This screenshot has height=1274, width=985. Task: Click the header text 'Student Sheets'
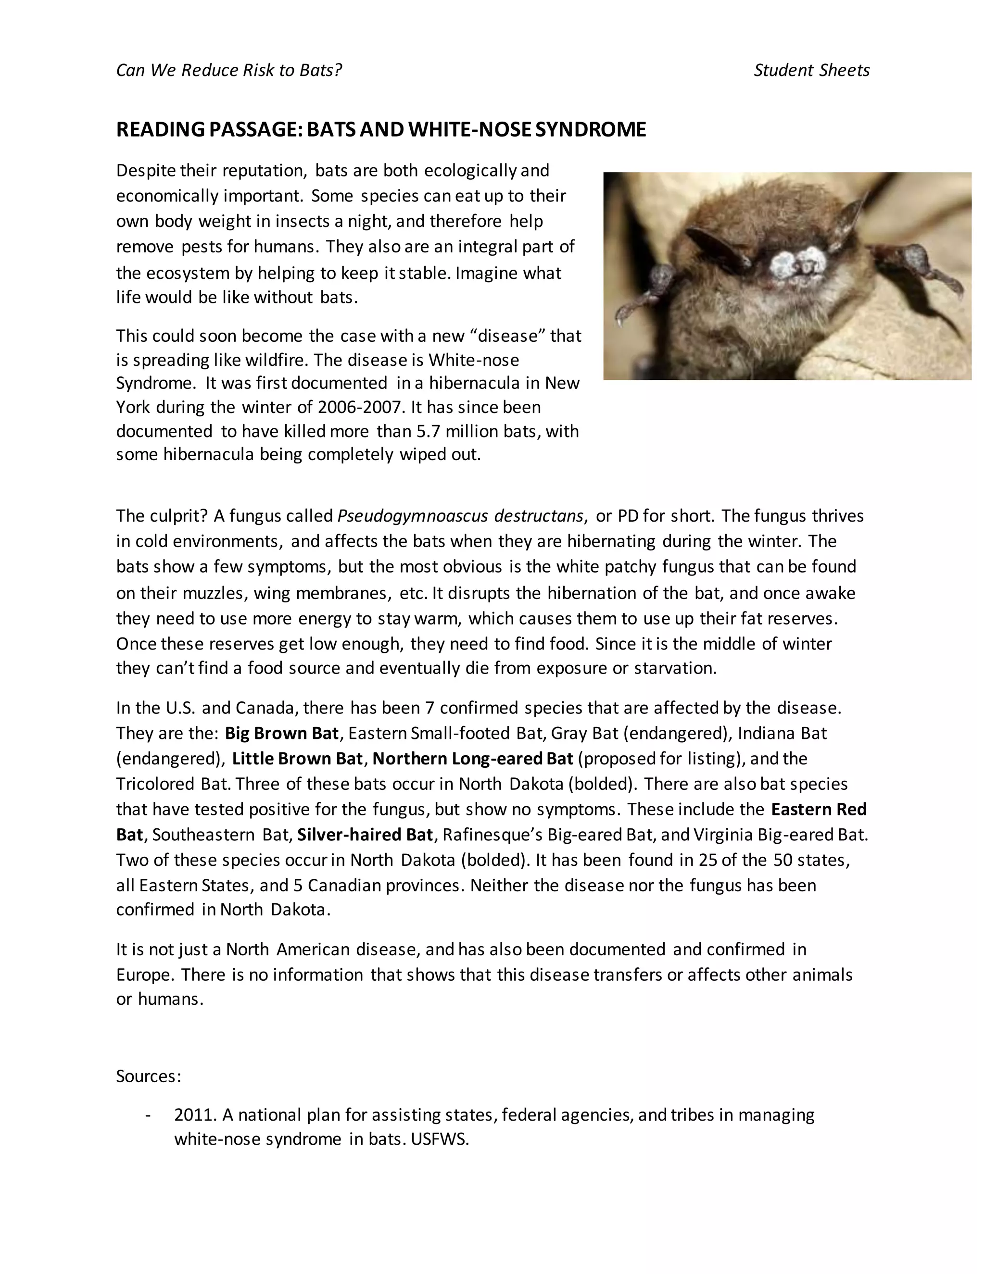pyautogui.click(x=811, y=71)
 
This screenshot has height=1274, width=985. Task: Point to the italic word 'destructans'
pyautogui.click(x=539, y=516)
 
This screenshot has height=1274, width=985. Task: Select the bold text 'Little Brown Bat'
pyautogui.click(x=298, y=759)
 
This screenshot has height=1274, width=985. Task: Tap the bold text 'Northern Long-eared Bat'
pyautogui.click(x=473, y=759)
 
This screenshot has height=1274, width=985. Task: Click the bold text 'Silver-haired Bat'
pyautogui.click(x=365, y=836)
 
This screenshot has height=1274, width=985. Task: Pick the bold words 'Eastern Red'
pyautogui.click(x=819, y=810)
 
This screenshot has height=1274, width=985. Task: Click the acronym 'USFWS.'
pyautogui.click(x=440, y=1140)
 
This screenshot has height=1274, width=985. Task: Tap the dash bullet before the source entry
pyautogui.click(x=148, y=1115)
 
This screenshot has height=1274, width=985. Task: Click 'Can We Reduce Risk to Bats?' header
pyautogui.click(x=229, y=71)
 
